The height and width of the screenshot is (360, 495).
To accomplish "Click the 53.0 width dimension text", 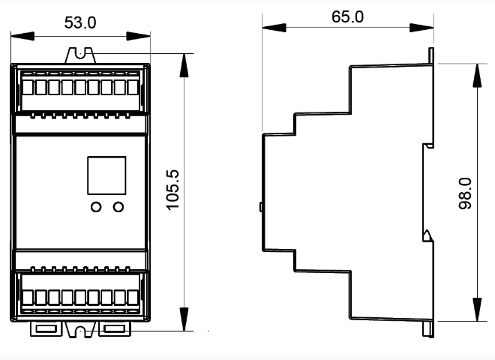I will (x=80, y=23).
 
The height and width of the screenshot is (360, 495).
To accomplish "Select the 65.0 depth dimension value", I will (x=347, y=16).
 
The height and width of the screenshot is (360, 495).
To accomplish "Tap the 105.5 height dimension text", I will (x=172, y=190).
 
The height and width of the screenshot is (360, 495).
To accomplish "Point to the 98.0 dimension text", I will (x=464, y=193).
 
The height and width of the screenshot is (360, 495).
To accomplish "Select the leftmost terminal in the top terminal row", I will (x=28, y=87).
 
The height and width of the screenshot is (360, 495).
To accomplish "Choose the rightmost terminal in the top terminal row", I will (x=133, y=87).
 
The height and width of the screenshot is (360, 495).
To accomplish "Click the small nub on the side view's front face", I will (x=260, y=206).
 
